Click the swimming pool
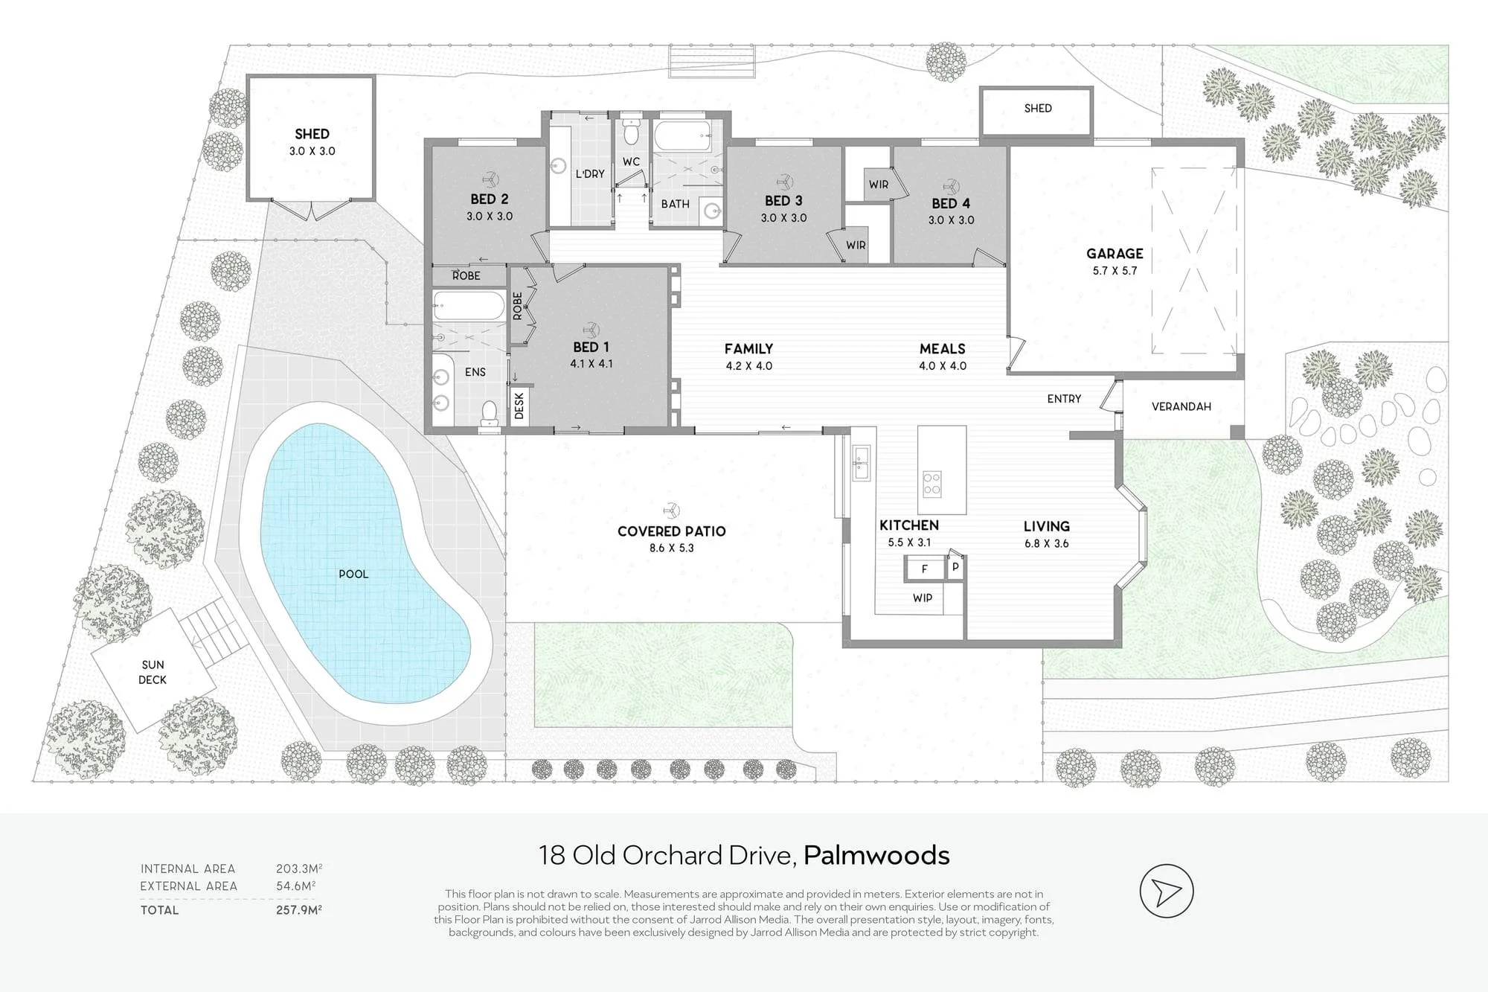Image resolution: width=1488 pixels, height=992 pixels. click(357, 566)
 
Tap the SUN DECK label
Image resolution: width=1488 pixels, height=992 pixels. click(153, 672)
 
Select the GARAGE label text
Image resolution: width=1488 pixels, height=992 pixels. click(1115, 254)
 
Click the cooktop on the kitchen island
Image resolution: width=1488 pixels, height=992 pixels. click(932, 484)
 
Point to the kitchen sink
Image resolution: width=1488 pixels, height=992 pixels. click(861, 463)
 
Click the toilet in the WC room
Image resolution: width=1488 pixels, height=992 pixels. click(631, 132)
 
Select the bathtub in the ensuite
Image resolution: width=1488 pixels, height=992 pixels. click(469, 306)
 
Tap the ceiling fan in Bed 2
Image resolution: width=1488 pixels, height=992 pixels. click(490, 179)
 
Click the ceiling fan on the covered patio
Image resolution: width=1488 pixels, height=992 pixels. click(671, 510)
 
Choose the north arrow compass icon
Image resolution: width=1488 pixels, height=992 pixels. click(1167, 891)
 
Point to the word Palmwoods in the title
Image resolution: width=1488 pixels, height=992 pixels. click(876, 855)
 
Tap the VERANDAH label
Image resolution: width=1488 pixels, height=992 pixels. click(1181, 406)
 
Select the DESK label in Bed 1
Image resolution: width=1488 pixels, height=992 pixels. click(519, 406)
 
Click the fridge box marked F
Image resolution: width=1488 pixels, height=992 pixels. click(924, 569)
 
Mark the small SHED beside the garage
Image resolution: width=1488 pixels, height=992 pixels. click(1037, 112)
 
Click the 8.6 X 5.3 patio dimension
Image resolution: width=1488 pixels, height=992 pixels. click(671, 548)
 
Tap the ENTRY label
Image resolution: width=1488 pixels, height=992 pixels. click(1064, 399)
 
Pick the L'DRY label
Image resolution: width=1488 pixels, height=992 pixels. click(590, 174)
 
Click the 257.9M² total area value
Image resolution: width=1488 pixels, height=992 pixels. click(299, 909)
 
